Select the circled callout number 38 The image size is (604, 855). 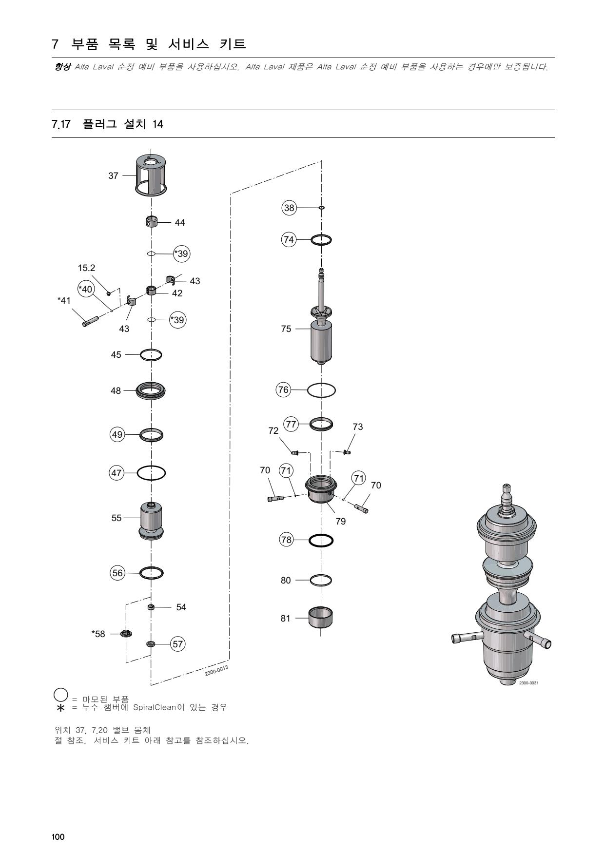coord(289,208)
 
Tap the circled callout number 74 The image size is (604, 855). coord(289,239)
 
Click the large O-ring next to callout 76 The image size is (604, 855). coord(321,390)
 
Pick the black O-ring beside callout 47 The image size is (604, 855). coord(151,473)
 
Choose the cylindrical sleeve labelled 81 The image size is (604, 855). coord(321,618)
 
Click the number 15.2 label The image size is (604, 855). coord(86,268)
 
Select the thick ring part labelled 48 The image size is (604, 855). coord(151,390)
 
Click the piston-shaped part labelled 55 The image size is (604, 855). coord(151,520)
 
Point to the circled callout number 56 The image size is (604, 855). coord(118,573)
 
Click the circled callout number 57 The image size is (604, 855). coord(178,644)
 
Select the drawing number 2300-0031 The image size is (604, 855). coord(528,683)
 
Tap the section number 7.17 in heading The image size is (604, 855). coord(61,124)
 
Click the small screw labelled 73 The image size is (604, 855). coord(347,452)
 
